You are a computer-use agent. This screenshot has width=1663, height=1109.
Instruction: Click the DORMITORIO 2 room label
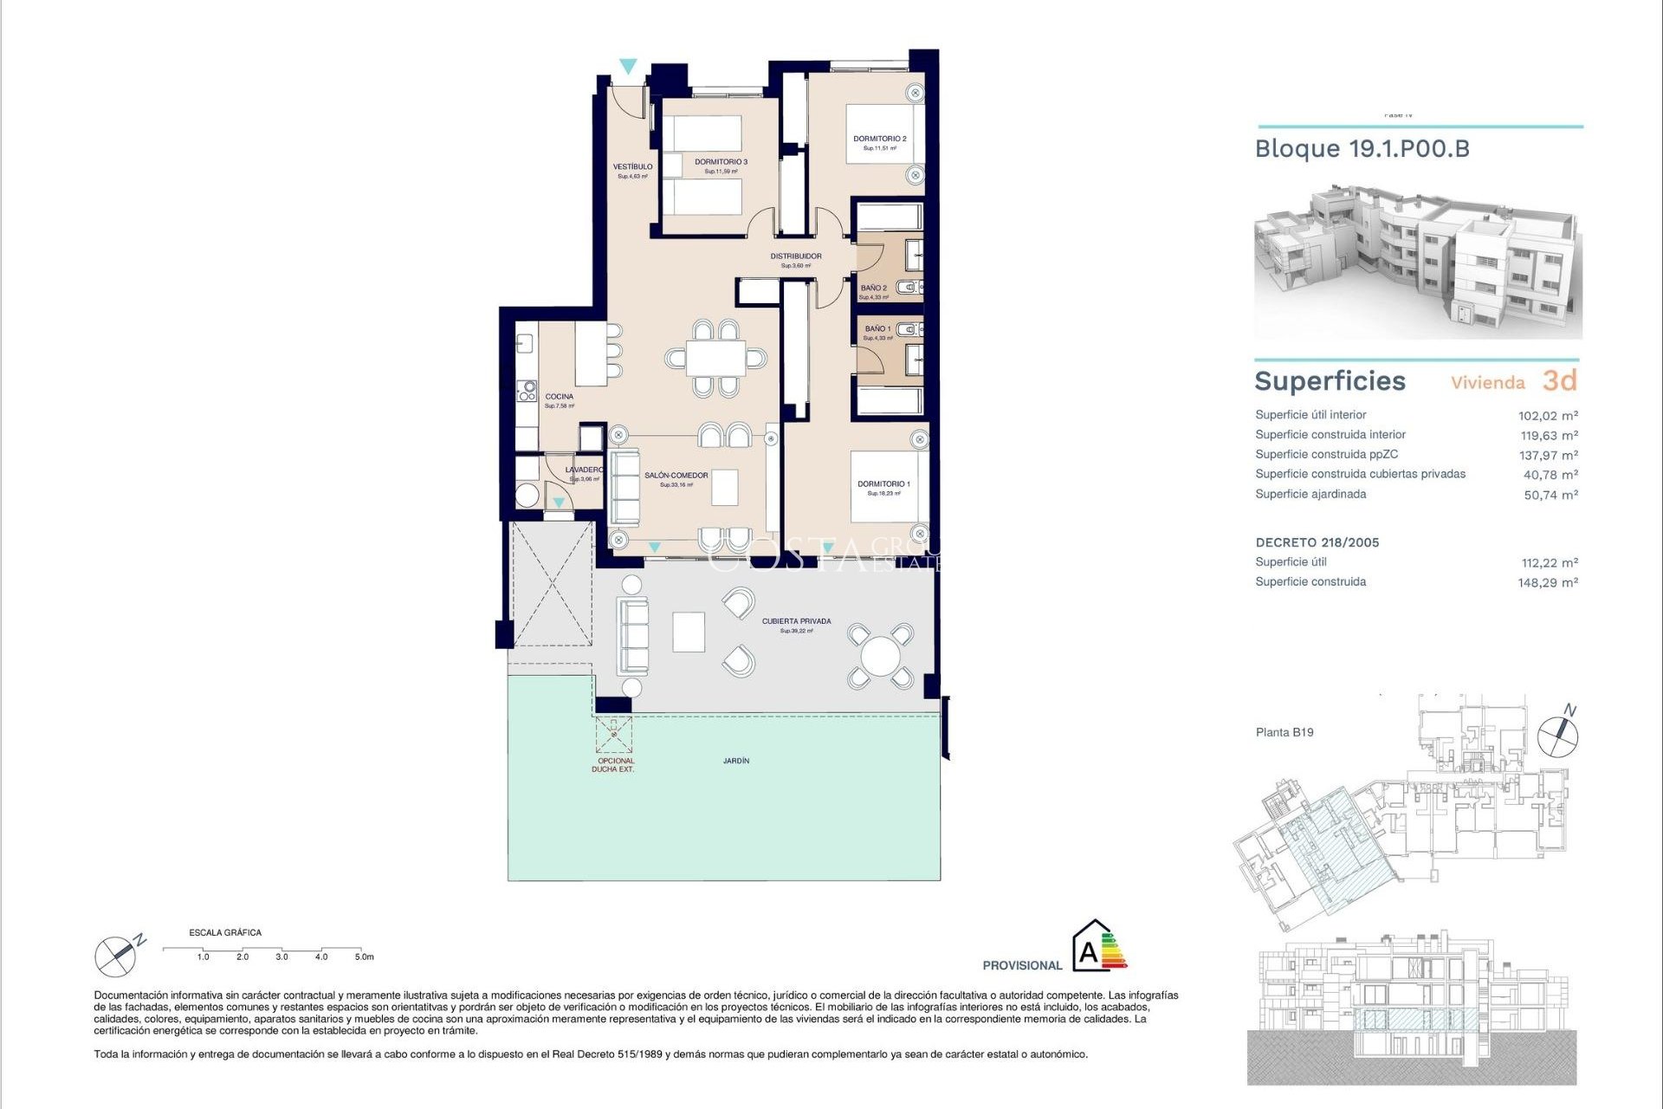point(879,139)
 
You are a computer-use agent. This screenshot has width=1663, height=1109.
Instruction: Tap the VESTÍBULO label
point(632,166)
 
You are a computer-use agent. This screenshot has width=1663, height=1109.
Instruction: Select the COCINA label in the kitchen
point(559,397)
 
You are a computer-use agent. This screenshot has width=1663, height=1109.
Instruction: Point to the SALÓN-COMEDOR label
point(676,476)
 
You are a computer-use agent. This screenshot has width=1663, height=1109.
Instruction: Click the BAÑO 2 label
point(873,288)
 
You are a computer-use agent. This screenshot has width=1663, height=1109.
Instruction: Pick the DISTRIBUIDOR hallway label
point(796,256)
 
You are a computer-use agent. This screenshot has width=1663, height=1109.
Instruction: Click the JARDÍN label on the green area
point(736,761)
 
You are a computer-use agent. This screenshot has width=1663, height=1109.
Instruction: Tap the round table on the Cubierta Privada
point(880,656)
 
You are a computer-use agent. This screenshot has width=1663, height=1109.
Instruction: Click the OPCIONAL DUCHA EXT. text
point(615,765)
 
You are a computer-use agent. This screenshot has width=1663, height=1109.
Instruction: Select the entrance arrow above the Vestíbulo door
point(628,67)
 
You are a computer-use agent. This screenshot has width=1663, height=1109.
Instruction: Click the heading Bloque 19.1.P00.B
point(1362,149)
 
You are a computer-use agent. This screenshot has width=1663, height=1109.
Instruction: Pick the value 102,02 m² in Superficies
point(1547,416)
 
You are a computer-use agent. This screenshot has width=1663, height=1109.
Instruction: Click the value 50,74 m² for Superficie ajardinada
point(1550,495)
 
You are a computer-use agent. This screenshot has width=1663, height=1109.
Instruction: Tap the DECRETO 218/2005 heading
point(1317,542)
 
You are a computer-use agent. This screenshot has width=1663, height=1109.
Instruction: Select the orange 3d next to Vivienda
point(1559,380)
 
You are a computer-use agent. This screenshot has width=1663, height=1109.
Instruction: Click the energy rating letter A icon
point(1089,952)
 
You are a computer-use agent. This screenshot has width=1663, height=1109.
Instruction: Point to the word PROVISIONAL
point(1022,965)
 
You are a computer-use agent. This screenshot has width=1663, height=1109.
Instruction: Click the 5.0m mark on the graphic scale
point(364,957)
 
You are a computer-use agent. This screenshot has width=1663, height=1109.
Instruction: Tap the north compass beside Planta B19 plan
point(1557,735)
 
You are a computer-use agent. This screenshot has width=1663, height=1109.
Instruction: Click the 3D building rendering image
point(1417,262)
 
